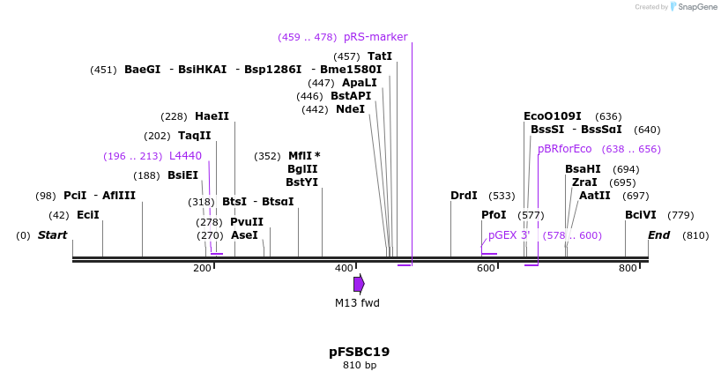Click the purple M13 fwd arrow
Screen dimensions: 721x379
click(x=359, y=283)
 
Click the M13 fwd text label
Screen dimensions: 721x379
click(x=357, y=302)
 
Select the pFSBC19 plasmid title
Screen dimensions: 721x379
click(x=359, y=352)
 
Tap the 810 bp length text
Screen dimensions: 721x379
click(x=359, y=365)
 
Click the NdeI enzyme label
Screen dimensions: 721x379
click(x=350, y=109)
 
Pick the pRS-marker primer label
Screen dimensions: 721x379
click(x=375, y=37)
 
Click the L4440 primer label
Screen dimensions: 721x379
click(x=185, y=156)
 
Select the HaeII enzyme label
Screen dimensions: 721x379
click(x=212, y=116)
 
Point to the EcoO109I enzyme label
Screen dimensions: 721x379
click(x=553, y=116)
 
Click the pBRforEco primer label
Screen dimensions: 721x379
click(x=565, y=149)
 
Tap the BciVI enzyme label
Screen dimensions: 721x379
click(x=641, y=215)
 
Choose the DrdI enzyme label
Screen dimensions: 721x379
click(x=464, y=196)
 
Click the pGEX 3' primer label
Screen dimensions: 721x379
click(x=509, y=235)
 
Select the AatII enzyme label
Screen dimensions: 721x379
click(x=594, y=196)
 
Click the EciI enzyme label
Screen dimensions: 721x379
click(x=88, y=215)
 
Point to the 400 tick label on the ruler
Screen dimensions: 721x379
click(x=345, y=268)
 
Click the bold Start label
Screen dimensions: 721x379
click(x=52, y=235)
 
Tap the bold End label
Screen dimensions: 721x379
click(x=658, y=235)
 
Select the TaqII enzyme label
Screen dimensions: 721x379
click(x=195, y=136)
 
